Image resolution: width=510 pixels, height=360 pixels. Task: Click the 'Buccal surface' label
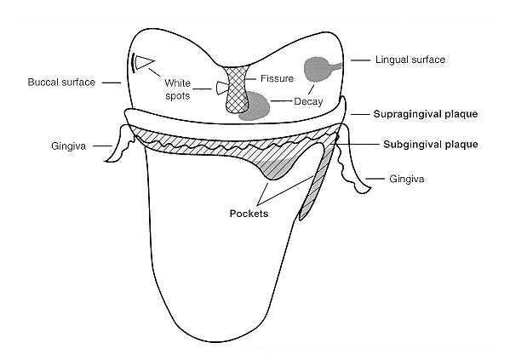(61, 83)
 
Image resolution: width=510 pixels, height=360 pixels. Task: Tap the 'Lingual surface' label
(410, 60)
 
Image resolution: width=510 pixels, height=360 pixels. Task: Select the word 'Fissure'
(277, 78)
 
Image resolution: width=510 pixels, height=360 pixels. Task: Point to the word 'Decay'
(308, 101)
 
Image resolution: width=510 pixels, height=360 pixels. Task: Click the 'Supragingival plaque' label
(426, 114)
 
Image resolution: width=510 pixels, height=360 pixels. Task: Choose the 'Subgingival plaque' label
(431, 145)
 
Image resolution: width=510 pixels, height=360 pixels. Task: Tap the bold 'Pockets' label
(249, 214)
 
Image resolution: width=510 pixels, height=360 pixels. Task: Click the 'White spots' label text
(178, 89)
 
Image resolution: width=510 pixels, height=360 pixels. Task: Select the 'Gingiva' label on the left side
(69, 146)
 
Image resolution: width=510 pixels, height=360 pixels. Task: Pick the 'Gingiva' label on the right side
(407, 180)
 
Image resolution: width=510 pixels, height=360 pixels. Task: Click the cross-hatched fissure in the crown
(237, 89)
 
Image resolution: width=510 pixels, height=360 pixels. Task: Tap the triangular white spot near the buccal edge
(144, 62)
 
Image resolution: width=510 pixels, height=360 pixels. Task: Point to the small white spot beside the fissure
(222, 88)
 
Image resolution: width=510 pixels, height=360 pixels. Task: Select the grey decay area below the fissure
(255, 106)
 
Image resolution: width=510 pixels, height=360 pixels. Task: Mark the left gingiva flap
(120, 143)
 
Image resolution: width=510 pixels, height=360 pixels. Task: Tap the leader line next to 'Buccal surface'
(112, 83)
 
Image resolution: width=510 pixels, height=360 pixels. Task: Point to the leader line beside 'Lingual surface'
(360, 60)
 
